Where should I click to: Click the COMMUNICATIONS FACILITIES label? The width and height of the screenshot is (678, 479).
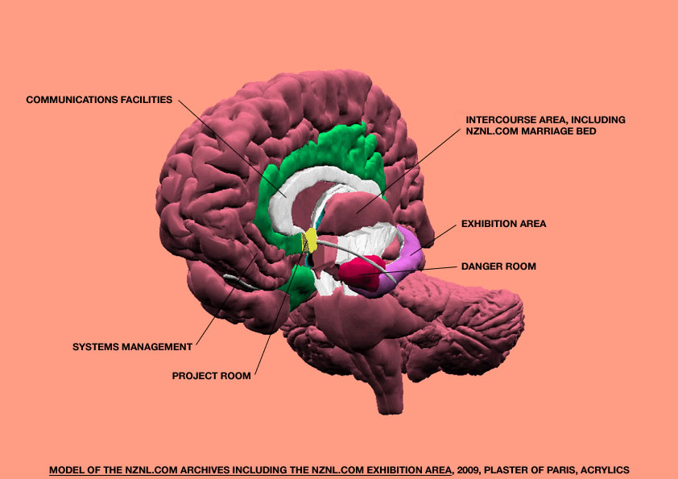[99, 101]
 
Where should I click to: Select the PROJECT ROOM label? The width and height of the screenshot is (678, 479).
[211, 375]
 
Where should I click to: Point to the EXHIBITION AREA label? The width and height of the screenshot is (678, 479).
[503, 224]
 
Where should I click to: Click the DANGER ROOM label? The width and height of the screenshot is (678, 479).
[498, 266]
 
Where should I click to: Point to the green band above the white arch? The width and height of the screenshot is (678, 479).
[338, 149]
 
